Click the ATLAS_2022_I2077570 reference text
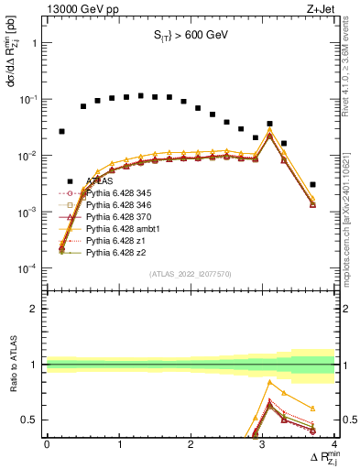(x=191, y=274)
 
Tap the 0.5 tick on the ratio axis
(x=31, y=420)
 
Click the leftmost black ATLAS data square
(x=61, y=131)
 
